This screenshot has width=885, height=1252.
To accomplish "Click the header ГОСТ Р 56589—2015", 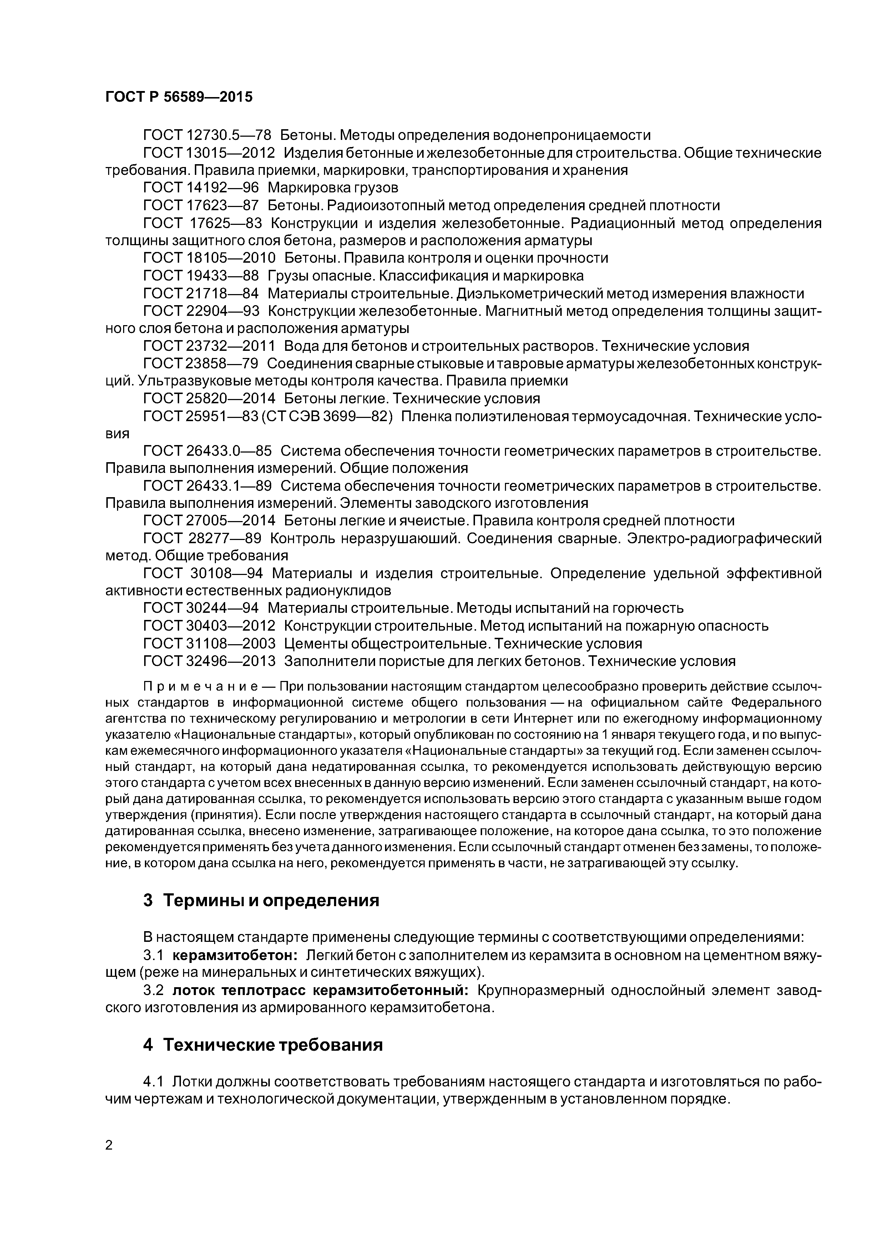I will tap(179, 97).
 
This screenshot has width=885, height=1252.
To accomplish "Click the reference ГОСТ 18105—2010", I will tap(209, 258).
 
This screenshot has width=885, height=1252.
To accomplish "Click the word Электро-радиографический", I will tap(724, 539).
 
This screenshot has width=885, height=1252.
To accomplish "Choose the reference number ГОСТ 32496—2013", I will tap(209, 661).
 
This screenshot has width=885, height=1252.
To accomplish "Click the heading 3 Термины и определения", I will tap(261, 900).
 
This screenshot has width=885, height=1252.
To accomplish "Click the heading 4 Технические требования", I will tap(263, 1045).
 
